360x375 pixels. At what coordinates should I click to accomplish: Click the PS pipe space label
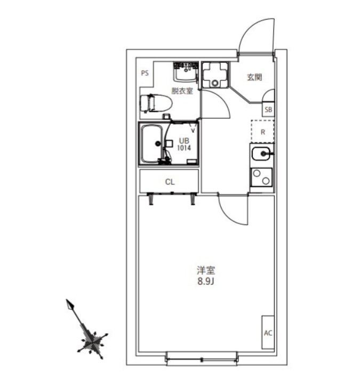pos(145,73)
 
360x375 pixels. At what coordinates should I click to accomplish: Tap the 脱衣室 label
pos(182,91)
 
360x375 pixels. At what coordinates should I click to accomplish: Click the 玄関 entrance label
pos(254,77)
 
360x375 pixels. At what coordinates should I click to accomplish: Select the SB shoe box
pos(268,109)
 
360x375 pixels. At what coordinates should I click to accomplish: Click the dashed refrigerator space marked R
pos(262,132)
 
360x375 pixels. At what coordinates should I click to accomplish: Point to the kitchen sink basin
pos(261,154)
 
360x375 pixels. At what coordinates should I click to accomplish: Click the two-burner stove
pos(261,177)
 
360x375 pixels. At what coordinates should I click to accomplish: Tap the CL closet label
pos(170,182)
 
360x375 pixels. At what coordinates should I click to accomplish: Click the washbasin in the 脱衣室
pos(186,72)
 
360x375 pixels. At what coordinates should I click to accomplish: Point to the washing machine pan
pos(215,75)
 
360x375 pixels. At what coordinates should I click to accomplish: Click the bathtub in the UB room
pos(153,143)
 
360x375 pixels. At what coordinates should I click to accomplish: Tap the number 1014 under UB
pos(184,148)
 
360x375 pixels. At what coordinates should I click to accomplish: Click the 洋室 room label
pos(206,270)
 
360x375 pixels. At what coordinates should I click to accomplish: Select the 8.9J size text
pos(206,282)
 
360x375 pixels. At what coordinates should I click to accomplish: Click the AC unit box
pos(268,332)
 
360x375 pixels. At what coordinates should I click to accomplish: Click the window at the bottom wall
pos(202,359)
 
